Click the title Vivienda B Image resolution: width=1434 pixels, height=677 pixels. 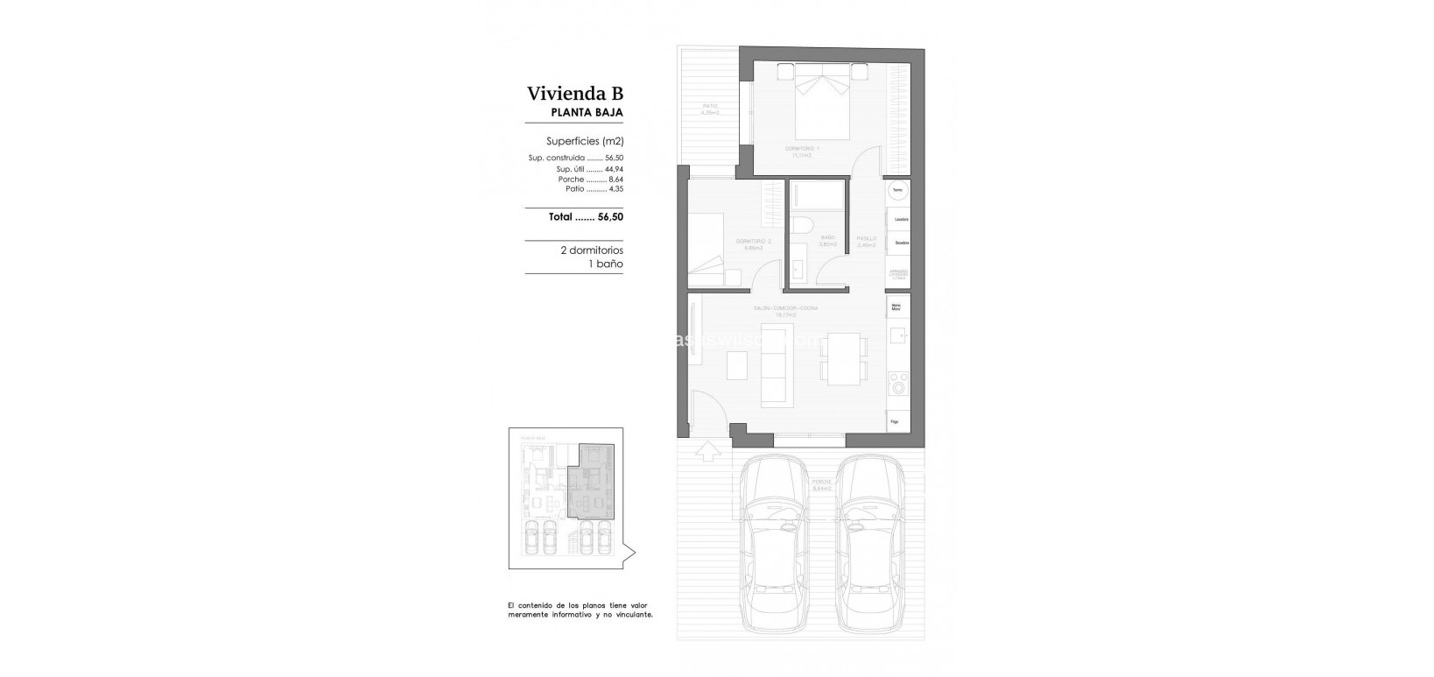(x=574, y=94)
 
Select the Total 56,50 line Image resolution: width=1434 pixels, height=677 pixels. (x=586, y=216)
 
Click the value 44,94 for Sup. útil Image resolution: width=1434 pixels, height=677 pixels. (x=614, y=169)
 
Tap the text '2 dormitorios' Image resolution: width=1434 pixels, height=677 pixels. (x=591, y=250)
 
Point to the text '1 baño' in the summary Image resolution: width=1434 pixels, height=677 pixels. (x=605, y=263)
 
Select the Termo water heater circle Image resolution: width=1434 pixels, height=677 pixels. (x=897, y=189)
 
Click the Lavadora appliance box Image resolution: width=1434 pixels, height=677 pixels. (x=898, y=218)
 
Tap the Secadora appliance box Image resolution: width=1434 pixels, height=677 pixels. (x=898, y=243)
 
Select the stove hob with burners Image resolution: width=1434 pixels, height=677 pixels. (x=898, y=383)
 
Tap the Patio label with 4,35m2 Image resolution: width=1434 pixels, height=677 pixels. (x=709, y=109)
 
